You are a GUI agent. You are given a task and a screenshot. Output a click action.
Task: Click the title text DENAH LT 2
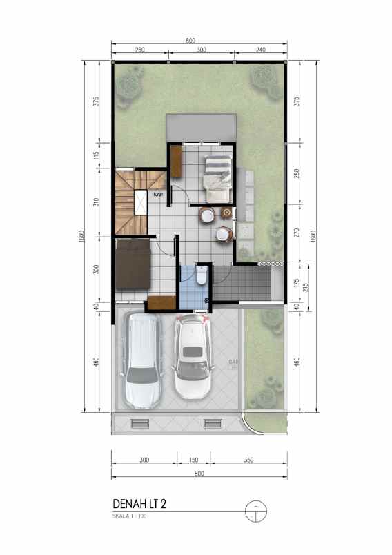[139, 505]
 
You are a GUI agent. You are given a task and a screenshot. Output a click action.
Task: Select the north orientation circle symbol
[255, 509]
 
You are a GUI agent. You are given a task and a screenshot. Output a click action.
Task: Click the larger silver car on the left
[144, 362]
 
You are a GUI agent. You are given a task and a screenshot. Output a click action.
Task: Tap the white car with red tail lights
[193, 358]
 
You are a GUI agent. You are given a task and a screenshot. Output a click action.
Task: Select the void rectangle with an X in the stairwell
[141, 203]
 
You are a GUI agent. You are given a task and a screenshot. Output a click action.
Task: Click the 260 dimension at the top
[139, 50]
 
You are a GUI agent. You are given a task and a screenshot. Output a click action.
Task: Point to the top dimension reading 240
[260, 50]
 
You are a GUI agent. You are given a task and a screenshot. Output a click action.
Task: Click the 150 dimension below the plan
[194, 459]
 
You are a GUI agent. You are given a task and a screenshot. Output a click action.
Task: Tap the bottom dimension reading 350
[248, 459]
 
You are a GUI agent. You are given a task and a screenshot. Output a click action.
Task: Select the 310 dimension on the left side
[97, 203]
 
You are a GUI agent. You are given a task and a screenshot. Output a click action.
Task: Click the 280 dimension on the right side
[297, 173]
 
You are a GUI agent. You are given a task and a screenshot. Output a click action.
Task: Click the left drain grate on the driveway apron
[139, 423]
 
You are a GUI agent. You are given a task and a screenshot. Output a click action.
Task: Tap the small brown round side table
[208, 215]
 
